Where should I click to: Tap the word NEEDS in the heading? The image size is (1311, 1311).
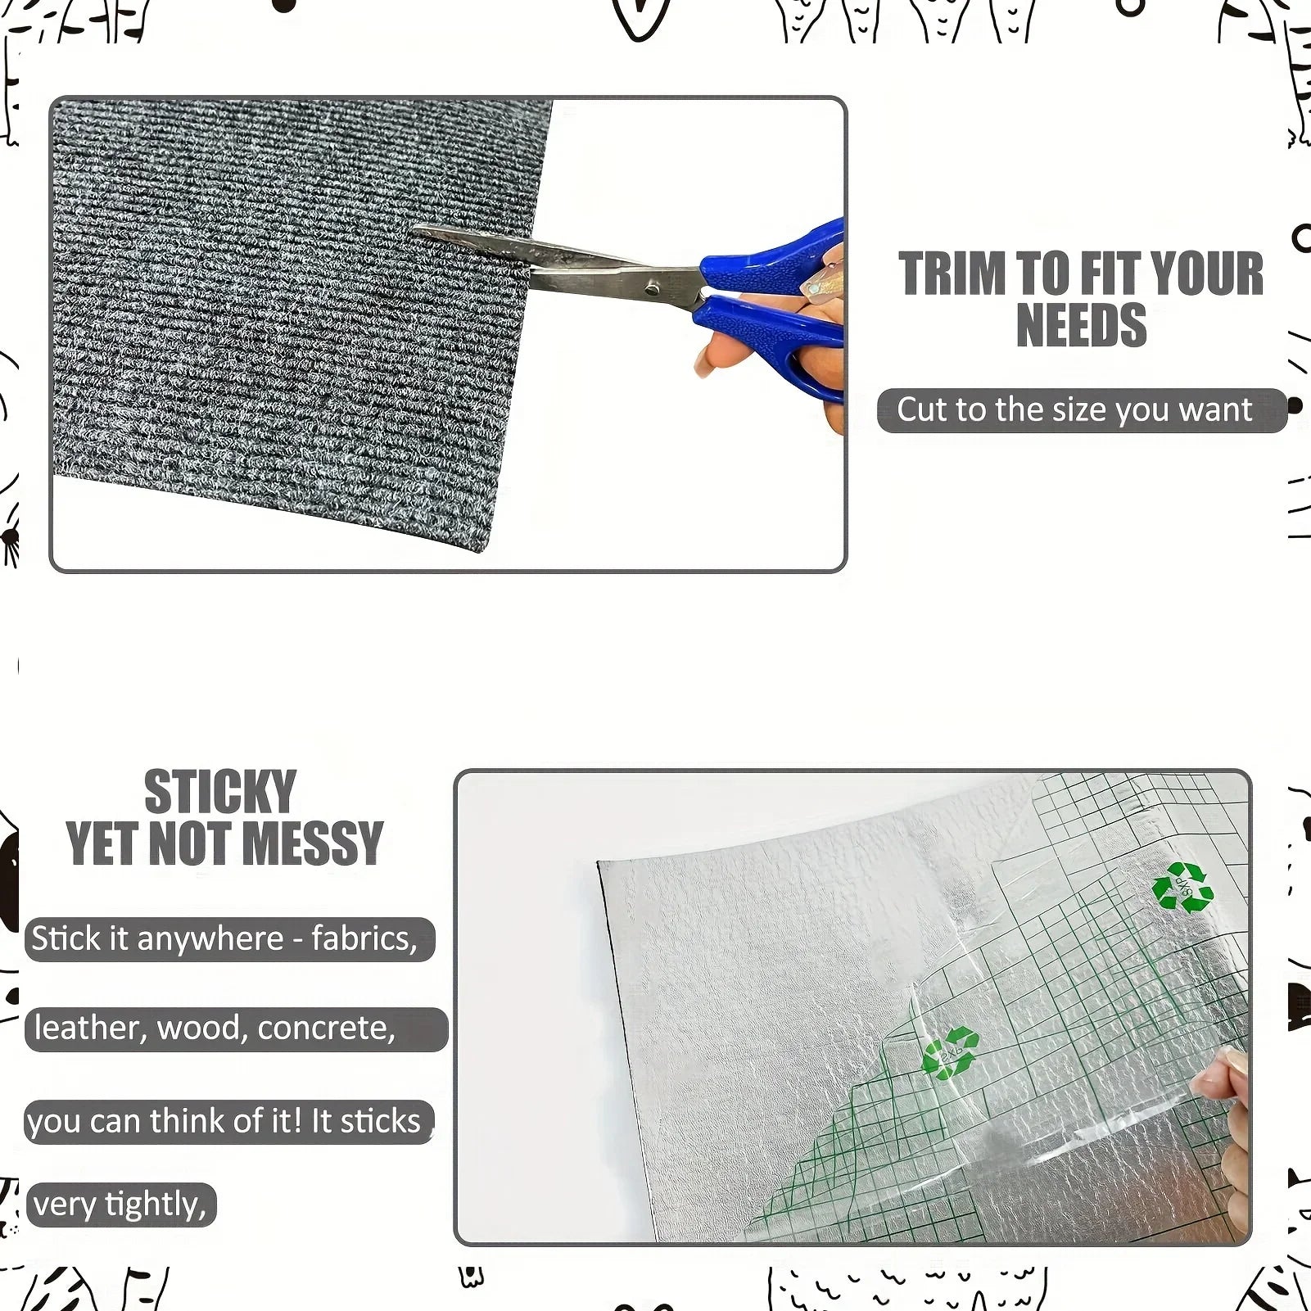coord(1081,326)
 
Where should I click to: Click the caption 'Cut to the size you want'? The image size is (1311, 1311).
coord(1074,409)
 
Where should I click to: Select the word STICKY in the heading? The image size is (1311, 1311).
coord(220,792)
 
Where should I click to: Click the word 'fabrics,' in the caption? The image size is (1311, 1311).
coord(364,938)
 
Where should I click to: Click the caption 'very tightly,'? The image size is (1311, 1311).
coord(120,1205)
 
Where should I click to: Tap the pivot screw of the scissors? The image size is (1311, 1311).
coord(652,287)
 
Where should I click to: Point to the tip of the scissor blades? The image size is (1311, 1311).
coord(415,228)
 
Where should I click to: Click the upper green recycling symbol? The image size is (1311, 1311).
coord(1182,887)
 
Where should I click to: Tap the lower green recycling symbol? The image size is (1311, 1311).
coord(950,1053)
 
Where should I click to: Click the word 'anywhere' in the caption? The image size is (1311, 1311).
coord(210,939)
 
